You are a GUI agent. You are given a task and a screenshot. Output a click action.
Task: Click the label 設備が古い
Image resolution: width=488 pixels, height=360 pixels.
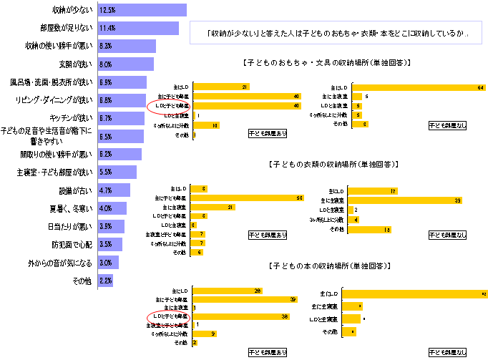click(77, 190)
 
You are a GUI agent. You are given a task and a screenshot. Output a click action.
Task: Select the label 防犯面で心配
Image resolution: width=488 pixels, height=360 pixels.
click(74, 244)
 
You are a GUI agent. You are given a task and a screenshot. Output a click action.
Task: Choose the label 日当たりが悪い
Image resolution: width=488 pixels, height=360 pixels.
click(74, 226)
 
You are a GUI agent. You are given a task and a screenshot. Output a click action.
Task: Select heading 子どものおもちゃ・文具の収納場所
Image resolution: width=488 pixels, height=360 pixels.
click(326, 63)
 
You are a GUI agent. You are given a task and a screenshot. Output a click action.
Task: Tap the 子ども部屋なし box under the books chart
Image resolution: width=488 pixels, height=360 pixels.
click(447, 352)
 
